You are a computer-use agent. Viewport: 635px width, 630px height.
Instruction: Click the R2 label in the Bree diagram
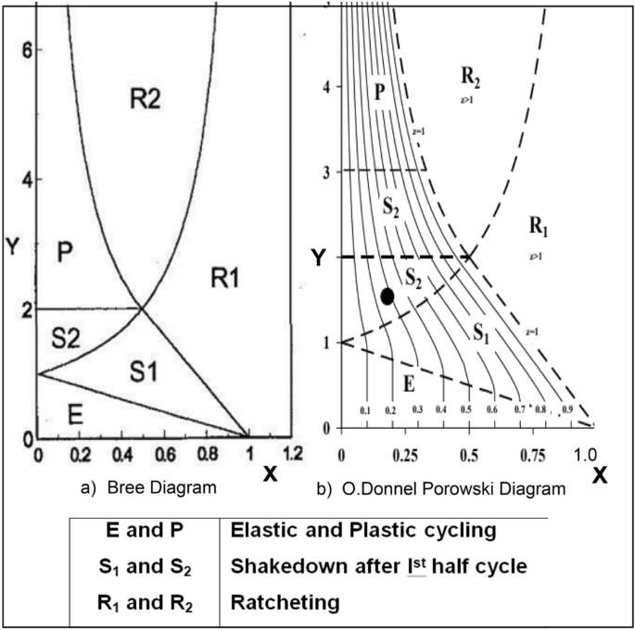point(145,98)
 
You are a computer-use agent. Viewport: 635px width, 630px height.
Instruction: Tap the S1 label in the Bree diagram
point(145,372)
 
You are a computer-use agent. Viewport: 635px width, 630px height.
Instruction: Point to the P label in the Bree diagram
point(65,251)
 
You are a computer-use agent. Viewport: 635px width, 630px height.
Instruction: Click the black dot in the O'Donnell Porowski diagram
point(387,296)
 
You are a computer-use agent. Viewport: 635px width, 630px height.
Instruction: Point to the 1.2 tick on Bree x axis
point(294,455)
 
